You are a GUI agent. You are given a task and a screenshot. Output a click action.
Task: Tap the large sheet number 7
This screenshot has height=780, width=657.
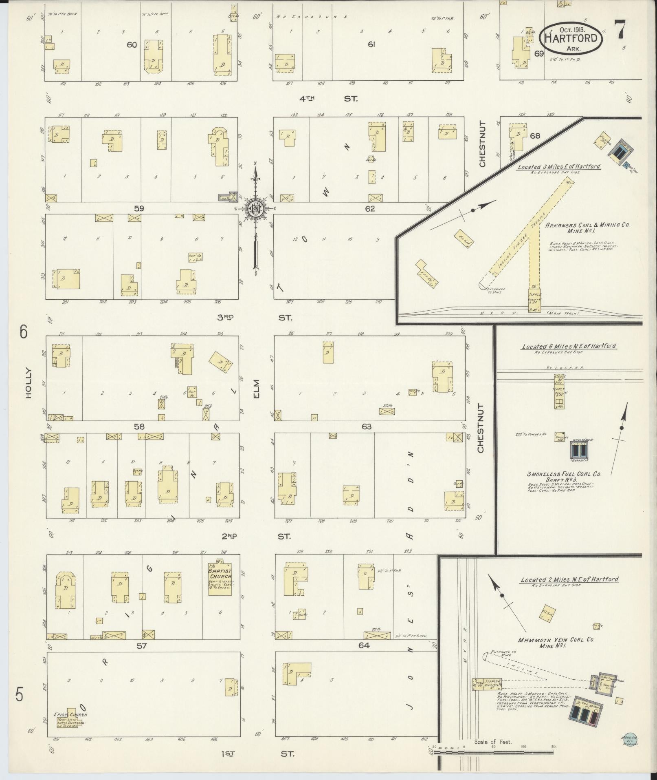coord(621,30)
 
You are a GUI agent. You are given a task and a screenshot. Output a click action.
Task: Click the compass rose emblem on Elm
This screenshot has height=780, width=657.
coord(256,209)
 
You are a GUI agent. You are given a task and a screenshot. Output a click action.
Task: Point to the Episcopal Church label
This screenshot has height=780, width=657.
coord(70,714)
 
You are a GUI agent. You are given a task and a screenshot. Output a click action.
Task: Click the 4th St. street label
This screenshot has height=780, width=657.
coord(327,99)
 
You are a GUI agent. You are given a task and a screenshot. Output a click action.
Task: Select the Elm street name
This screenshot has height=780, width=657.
coord(256,389)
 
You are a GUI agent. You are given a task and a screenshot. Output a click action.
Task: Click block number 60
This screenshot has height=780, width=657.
coord(132,45)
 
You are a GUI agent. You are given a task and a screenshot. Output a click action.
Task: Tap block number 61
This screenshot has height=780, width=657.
coord(371,45)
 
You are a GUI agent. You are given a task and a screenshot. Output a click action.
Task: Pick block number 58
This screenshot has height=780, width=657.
coord(139,426)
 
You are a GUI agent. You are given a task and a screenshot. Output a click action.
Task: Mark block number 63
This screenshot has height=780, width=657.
coord(366,426)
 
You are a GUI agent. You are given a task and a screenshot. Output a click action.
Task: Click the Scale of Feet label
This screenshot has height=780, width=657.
coord(492,741)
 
